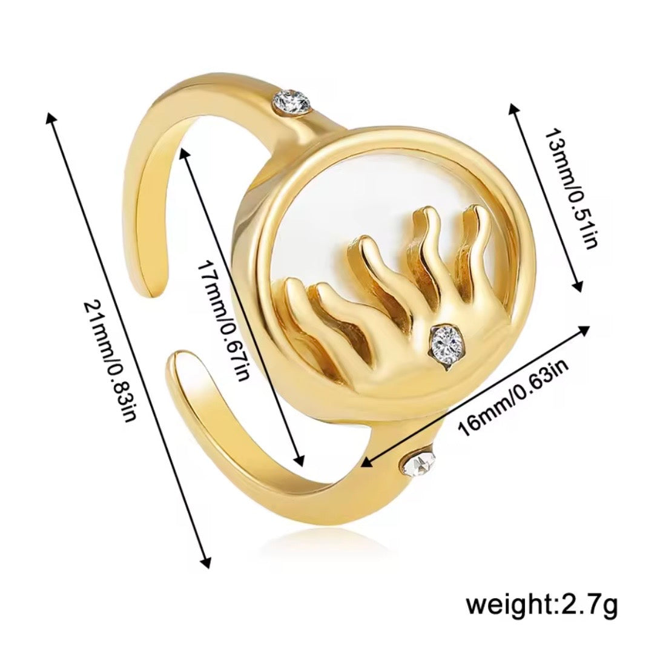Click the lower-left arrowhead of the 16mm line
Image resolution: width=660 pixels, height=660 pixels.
[x=367, y=463]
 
